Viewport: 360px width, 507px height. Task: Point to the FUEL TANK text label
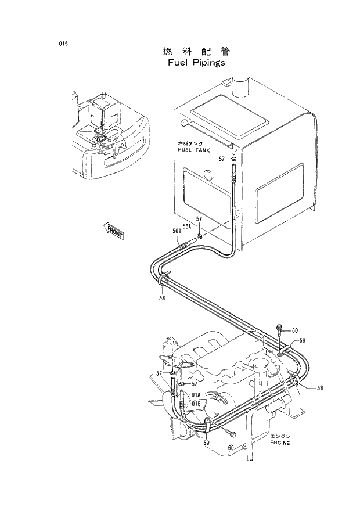pyautogui.click(x=191, y=149)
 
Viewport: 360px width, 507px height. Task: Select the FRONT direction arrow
pyautogui.click(x=114, y=231)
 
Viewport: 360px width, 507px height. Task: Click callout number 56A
pyautogui.click(x=187, y=226)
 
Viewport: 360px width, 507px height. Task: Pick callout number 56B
pyautogui.click(x=177, y=231)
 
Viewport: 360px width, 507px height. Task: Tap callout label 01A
pyautogui.click(x=196, y=394)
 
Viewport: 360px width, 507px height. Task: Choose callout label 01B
pyautogui.click(x=196, y=402)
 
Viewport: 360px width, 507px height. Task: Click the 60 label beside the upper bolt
pyautogui.click(x=294, y=331)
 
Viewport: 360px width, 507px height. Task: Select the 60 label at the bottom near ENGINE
pyautogui.click(x=231, y=447)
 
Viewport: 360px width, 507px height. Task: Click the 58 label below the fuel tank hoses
pyautogui.click(x=162, y=298)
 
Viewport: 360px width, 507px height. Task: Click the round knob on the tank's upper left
pyautogui.click(x=184, y=123)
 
